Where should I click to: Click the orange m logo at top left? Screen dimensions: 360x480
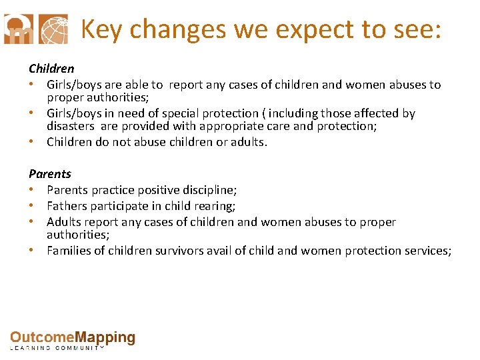coord(17,29)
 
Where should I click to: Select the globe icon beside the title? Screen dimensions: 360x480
coord(53,29)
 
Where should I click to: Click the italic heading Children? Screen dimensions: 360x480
coord(51,69)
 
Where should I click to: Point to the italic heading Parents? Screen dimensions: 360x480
coord(49,174)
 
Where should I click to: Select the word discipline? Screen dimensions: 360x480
coord(207,190)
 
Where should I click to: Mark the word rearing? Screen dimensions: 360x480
coord(217,206)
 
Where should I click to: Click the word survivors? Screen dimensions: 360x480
coord(167,251)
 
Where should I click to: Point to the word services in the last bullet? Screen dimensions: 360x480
coord(427,251)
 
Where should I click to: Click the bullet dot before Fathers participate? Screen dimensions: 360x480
coord(32,206)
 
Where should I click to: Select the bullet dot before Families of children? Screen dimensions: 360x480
coord(32,251)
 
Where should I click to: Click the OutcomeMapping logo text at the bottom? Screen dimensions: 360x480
coord(73,338)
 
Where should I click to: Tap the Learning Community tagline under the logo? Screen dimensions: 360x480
coord(57,348)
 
